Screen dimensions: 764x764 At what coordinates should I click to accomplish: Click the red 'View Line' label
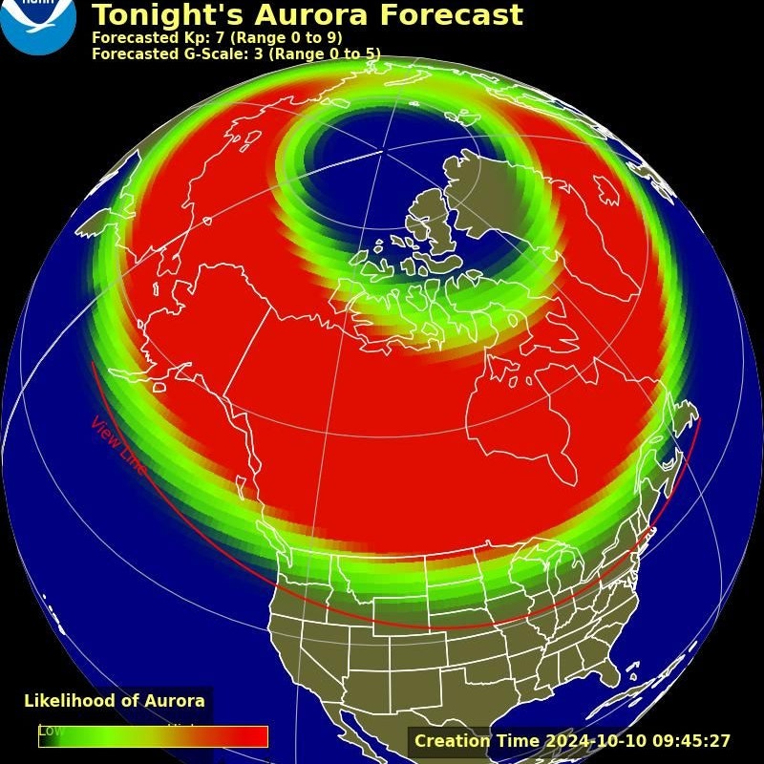[x=118, y=446]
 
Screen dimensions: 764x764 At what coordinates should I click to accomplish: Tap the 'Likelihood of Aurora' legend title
[x=115, y=701]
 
